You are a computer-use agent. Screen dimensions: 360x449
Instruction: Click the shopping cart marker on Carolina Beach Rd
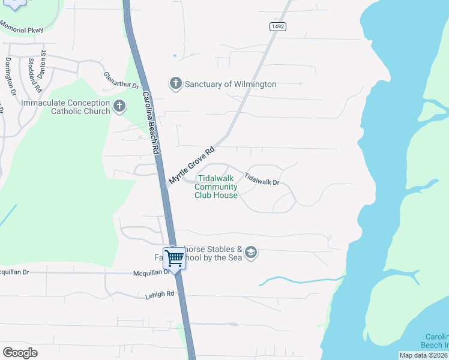point(175,259)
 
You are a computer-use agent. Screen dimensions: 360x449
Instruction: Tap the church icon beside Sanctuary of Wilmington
point(176,83)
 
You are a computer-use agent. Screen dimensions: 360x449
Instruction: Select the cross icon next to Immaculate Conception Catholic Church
point(119,107)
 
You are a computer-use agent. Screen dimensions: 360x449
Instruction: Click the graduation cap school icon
point(251,253)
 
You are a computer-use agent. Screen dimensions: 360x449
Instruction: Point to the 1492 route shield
point(277,26)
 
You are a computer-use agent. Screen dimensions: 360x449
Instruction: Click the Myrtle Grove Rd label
point(191,166)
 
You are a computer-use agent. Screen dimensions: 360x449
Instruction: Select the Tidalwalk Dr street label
point(262,178)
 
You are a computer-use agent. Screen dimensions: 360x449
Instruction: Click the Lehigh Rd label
point(159,295)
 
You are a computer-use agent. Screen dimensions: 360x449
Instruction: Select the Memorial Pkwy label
point(22,28)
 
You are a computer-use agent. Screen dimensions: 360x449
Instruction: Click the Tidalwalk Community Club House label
point(216,187)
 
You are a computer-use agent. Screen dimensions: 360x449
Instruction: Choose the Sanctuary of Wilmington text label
point(231,84)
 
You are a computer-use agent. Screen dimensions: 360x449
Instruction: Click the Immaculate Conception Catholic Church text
point(65,107)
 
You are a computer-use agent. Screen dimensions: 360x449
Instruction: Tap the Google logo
point(20,353)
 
